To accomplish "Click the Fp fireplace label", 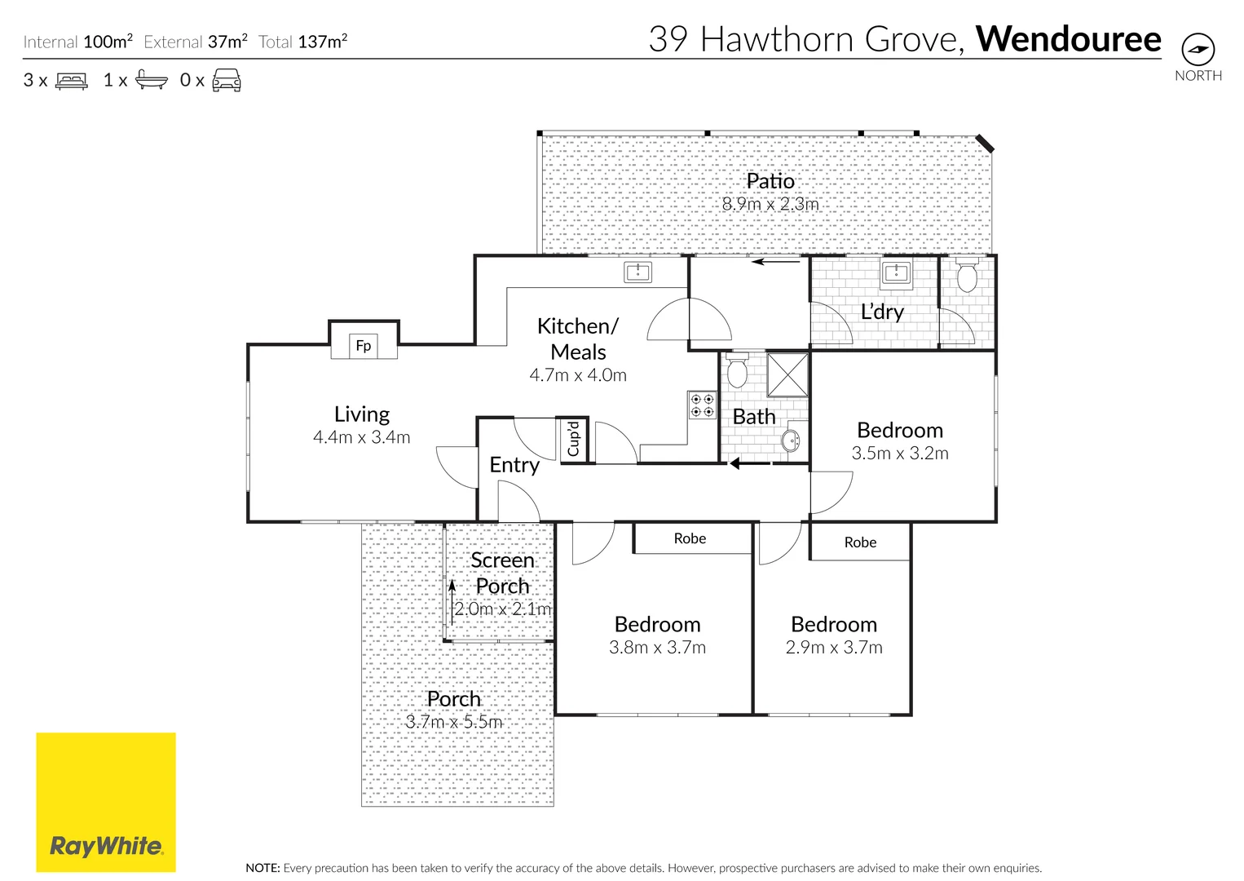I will (364, 346).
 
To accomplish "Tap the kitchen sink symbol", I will (637, 272).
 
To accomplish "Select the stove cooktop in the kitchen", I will (702, 405).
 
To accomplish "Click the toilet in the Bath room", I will (737, 371).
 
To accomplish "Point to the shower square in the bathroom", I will (787, 374).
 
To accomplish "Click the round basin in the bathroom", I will (790, 441).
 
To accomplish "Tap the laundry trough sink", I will (896, 272).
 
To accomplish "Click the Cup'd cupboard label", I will (574, 439).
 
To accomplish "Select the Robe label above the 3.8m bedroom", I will (690, 538).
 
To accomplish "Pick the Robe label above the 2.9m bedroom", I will (860, 542).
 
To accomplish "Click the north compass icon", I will (1198, 50).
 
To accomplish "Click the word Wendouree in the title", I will (1068, 39).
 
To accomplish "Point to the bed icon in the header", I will (72, 81).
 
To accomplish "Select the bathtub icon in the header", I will (152, 80).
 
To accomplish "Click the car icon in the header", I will (227, 80).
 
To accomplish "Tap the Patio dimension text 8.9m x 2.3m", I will (770, 204).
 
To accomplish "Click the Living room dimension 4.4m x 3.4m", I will (361, 437).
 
